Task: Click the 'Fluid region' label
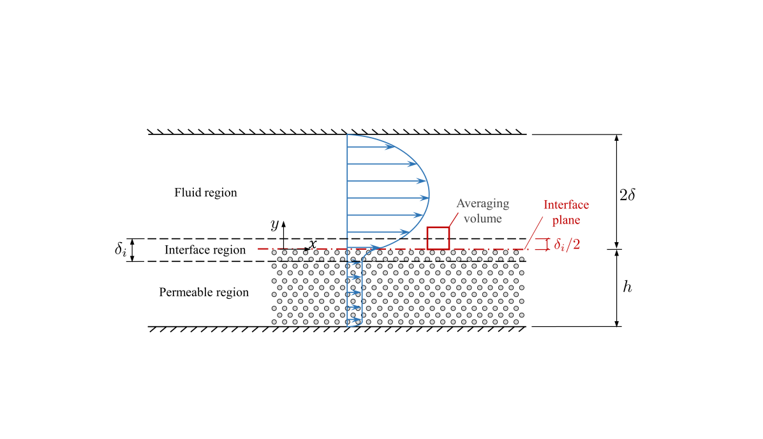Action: click(x=205, y=192)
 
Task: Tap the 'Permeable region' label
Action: click(x=204, y=292)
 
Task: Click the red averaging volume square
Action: click(x=438, y=238)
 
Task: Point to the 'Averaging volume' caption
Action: click(x=483, y=210)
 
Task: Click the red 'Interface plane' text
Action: click(x=566, y=212)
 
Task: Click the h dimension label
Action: click(x=628, y=287)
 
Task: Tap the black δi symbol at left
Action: click(x=121, y=250)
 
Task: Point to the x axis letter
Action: click(x=313, y=244)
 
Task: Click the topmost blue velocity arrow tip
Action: click(x=393, y=147)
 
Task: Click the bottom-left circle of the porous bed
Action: click(x=275, y=322)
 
